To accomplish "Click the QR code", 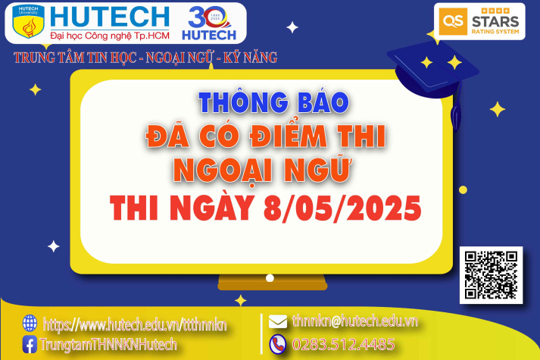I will [492, 275].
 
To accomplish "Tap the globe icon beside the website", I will [30, 323].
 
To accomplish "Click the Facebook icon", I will [30, 344].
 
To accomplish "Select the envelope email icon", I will [278, 321].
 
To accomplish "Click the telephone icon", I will [278, 343].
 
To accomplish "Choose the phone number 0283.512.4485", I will [343, 344].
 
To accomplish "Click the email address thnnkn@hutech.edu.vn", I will [354, 321].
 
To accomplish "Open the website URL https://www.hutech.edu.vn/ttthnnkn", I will [135, 324].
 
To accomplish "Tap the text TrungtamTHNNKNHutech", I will [109, 344].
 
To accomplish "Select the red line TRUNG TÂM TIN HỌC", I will [145, 57].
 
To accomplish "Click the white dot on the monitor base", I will [270, 279].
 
